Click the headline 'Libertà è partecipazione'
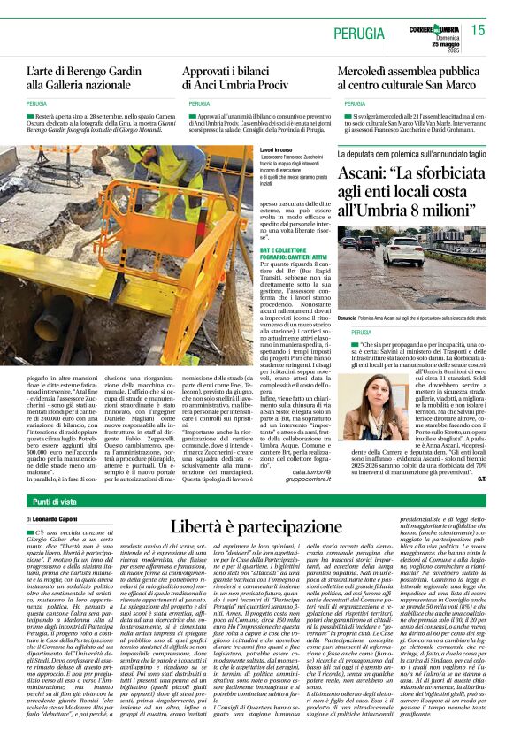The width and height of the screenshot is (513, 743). [x=256, y=525]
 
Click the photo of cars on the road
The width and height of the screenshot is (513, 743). [x=411, y=271]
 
